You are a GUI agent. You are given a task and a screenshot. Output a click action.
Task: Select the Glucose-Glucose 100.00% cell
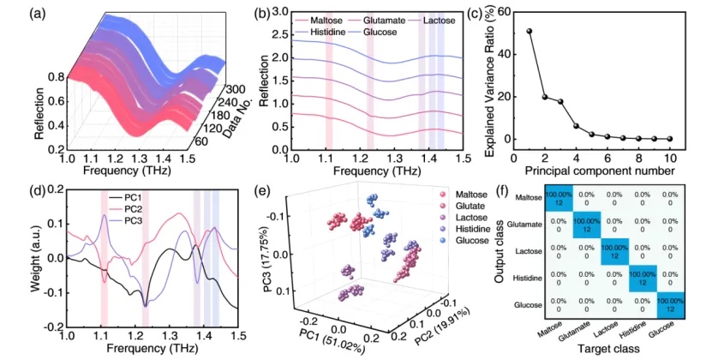tap(671, 304)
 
